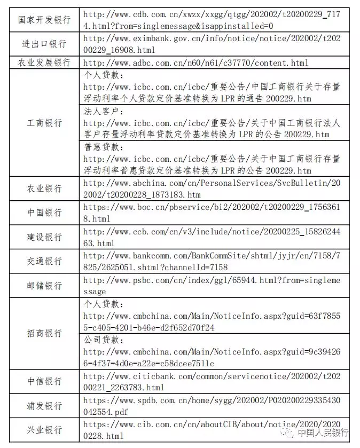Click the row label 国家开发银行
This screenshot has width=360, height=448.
pos(44,20)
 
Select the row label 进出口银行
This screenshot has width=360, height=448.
pos(44,44)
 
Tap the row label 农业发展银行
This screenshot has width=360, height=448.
pos(44,62)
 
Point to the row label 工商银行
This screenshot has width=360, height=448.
pos(44,123)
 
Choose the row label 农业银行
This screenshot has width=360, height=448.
pos(44,188)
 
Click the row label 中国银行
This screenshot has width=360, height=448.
pos(44,213)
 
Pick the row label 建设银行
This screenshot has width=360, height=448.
pos(44,237)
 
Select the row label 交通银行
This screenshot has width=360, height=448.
pos(44,261)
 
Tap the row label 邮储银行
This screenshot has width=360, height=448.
pos(44,285)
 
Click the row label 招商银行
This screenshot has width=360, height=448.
pos(44,333)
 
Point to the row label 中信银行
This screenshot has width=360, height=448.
pos(44,381)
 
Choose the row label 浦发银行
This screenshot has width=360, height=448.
pos(44,405)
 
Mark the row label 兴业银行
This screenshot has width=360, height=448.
pos(44,429)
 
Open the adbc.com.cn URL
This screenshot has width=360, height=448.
pos(196,63)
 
